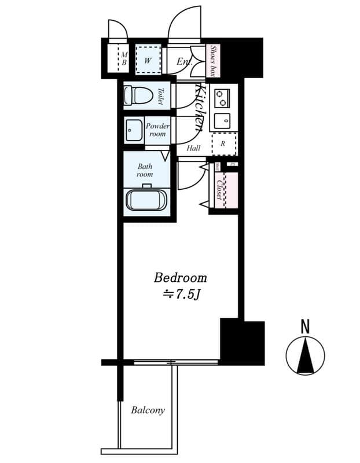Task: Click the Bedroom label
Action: [180, 277]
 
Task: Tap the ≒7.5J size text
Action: [180, 295]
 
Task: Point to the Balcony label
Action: [148, 410]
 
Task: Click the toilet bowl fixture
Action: [137, 95]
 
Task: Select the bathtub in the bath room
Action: [146, 200]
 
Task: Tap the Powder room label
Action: [157, 130]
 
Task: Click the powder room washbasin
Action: [134, 131]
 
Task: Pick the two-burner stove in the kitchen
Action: [222, 97]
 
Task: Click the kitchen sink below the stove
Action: [222, 121]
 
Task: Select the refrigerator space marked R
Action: [223, 144]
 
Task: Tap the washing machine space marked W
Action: [148, 59]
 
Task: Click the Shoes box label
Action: [213, 61]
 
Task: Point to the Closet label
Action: [220, 189]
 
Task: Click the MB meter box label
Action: [123, 59]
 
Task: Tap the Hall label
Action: [193, 149]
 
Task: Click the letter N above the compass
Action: [305, 327]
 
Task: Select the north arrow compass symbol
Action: [305, 355]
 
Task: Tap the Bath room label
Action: [145, 170]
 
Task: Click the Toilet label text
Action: [160, 95]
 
